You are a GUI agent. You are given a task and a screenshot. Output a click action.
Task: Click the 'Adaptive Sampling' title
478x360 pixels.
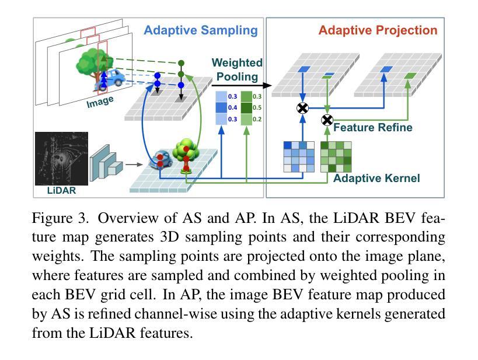201,30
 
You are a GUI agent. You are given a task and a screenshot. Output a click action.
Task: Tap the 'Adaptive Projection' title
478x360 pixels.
378,30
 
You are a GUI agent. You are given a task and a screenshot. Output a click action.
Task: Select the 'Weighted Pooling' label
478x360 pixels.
237,69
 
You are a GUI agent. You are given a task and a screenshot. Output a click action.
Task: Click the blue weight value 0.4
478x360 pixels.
232,107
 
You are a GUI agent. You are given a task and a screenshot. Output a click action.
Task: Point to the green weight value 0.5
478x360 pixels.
257,107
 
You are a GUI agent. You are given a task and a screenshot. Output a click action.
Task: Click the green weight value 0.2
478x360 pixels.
257,119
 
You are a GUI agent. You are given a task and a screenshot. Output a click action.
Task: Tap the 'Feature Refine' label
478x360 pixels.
373,127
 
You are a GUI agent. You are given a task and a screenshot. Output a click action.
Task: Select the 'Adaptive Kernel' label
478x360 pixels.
376,178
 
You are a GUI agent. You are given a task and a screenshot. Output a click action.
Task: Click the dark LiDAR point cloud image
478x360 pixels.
62,159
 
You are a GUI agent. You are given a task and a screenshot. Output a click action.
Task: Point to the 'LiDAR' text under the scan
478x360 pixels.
61,191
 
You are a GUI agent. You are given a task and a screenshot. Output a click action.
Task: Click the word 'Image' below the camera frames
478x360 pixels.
100,102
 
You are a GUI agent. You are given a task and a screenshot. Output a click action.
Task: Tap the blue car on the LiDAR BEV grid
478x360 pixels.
161,159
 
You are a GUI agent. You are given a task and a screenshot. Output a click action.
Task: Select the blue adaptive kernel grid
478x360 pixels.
299,157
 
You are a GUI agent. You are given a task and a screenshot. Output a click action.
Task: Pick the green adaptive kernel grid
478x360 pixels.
336,157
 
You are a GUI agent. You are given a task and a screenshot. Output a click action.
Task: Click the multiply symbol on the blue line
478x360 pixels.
302,108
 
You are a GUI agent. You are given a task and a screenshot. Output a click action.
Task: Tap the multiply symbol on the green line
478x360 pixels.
327,120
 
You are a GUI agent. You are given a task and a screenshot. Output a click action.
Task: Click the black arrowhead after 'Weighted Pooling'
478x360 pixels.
267,85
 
